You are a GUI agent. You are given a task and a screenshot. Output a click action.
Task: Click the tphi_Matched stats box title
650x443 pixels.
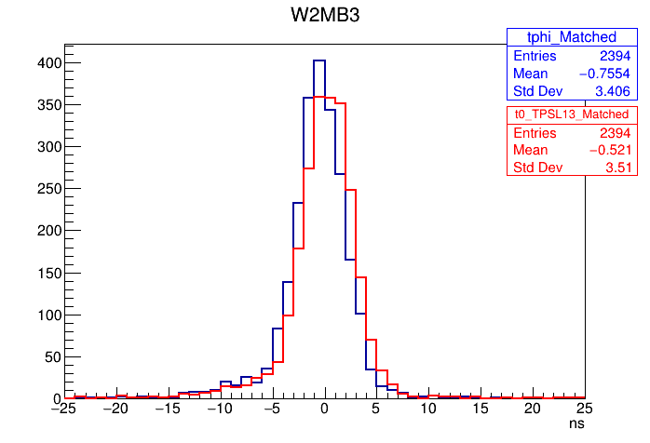[572, 37]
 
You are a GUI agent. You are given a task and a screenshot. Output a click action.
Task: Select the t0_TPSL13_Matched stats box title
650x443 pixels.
[572, 114]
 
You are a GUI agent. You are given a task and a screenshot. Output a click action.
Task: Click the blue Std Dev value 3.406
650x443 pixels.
[612, 91]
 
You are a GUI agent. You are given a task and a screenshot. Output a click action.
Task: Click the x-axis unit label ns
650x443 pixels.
[576, 423]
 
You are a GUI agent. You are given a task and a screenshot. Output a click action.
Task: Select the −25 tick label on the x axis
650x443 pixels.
[63, 409]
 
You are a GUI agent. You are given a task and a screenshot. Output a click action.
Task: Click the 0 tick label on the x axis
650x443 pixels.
[324, 409]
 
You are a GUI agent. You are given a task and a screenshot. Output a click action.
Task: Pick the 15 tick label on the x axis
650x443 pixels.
[481, 409]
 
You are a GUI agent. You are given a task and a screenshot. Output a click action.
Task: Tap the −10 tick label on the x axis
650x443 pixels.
[219, 409]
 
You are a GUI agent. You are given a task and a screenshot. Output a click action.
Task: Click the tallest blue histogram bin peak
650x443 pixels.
[319, 60]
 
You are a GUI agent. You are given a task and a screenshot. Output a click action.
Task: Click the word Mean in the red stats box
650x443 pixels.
[531, 150]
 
